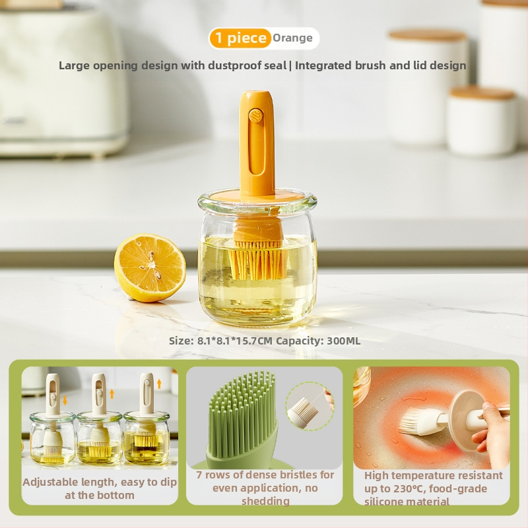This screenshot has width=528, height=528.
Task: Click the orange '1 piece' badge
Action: tap(240, 38)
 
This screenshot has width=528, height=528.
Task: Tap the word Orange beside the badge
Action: tap(292, 38)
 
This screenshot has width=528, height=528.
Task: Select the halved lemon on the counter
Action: tap(150, 268)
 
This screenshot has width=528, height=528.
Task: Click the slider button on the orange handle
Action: tap(255, 116)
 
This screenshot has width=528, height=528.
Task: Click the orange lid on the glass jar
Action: tap(257, 197)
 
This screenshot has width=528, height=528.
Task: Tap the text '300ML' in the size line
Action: tap(343, 341)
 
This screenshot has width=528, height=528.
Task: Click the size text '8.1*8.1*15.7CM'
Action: tap(234, 341)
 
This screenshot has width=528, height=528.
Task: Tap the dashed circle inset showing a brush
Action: tap(309, 406)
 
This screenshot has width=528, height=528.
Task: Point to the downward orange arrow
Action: tap(65, 400)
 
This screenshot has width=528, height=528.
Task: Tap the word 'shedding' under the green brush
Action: tap(265, 501)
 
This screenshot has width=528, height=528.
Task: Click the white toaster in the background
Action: tap(61, 81)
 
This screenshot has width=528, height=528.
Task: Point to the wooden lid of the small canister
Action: tap(482, 92)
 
